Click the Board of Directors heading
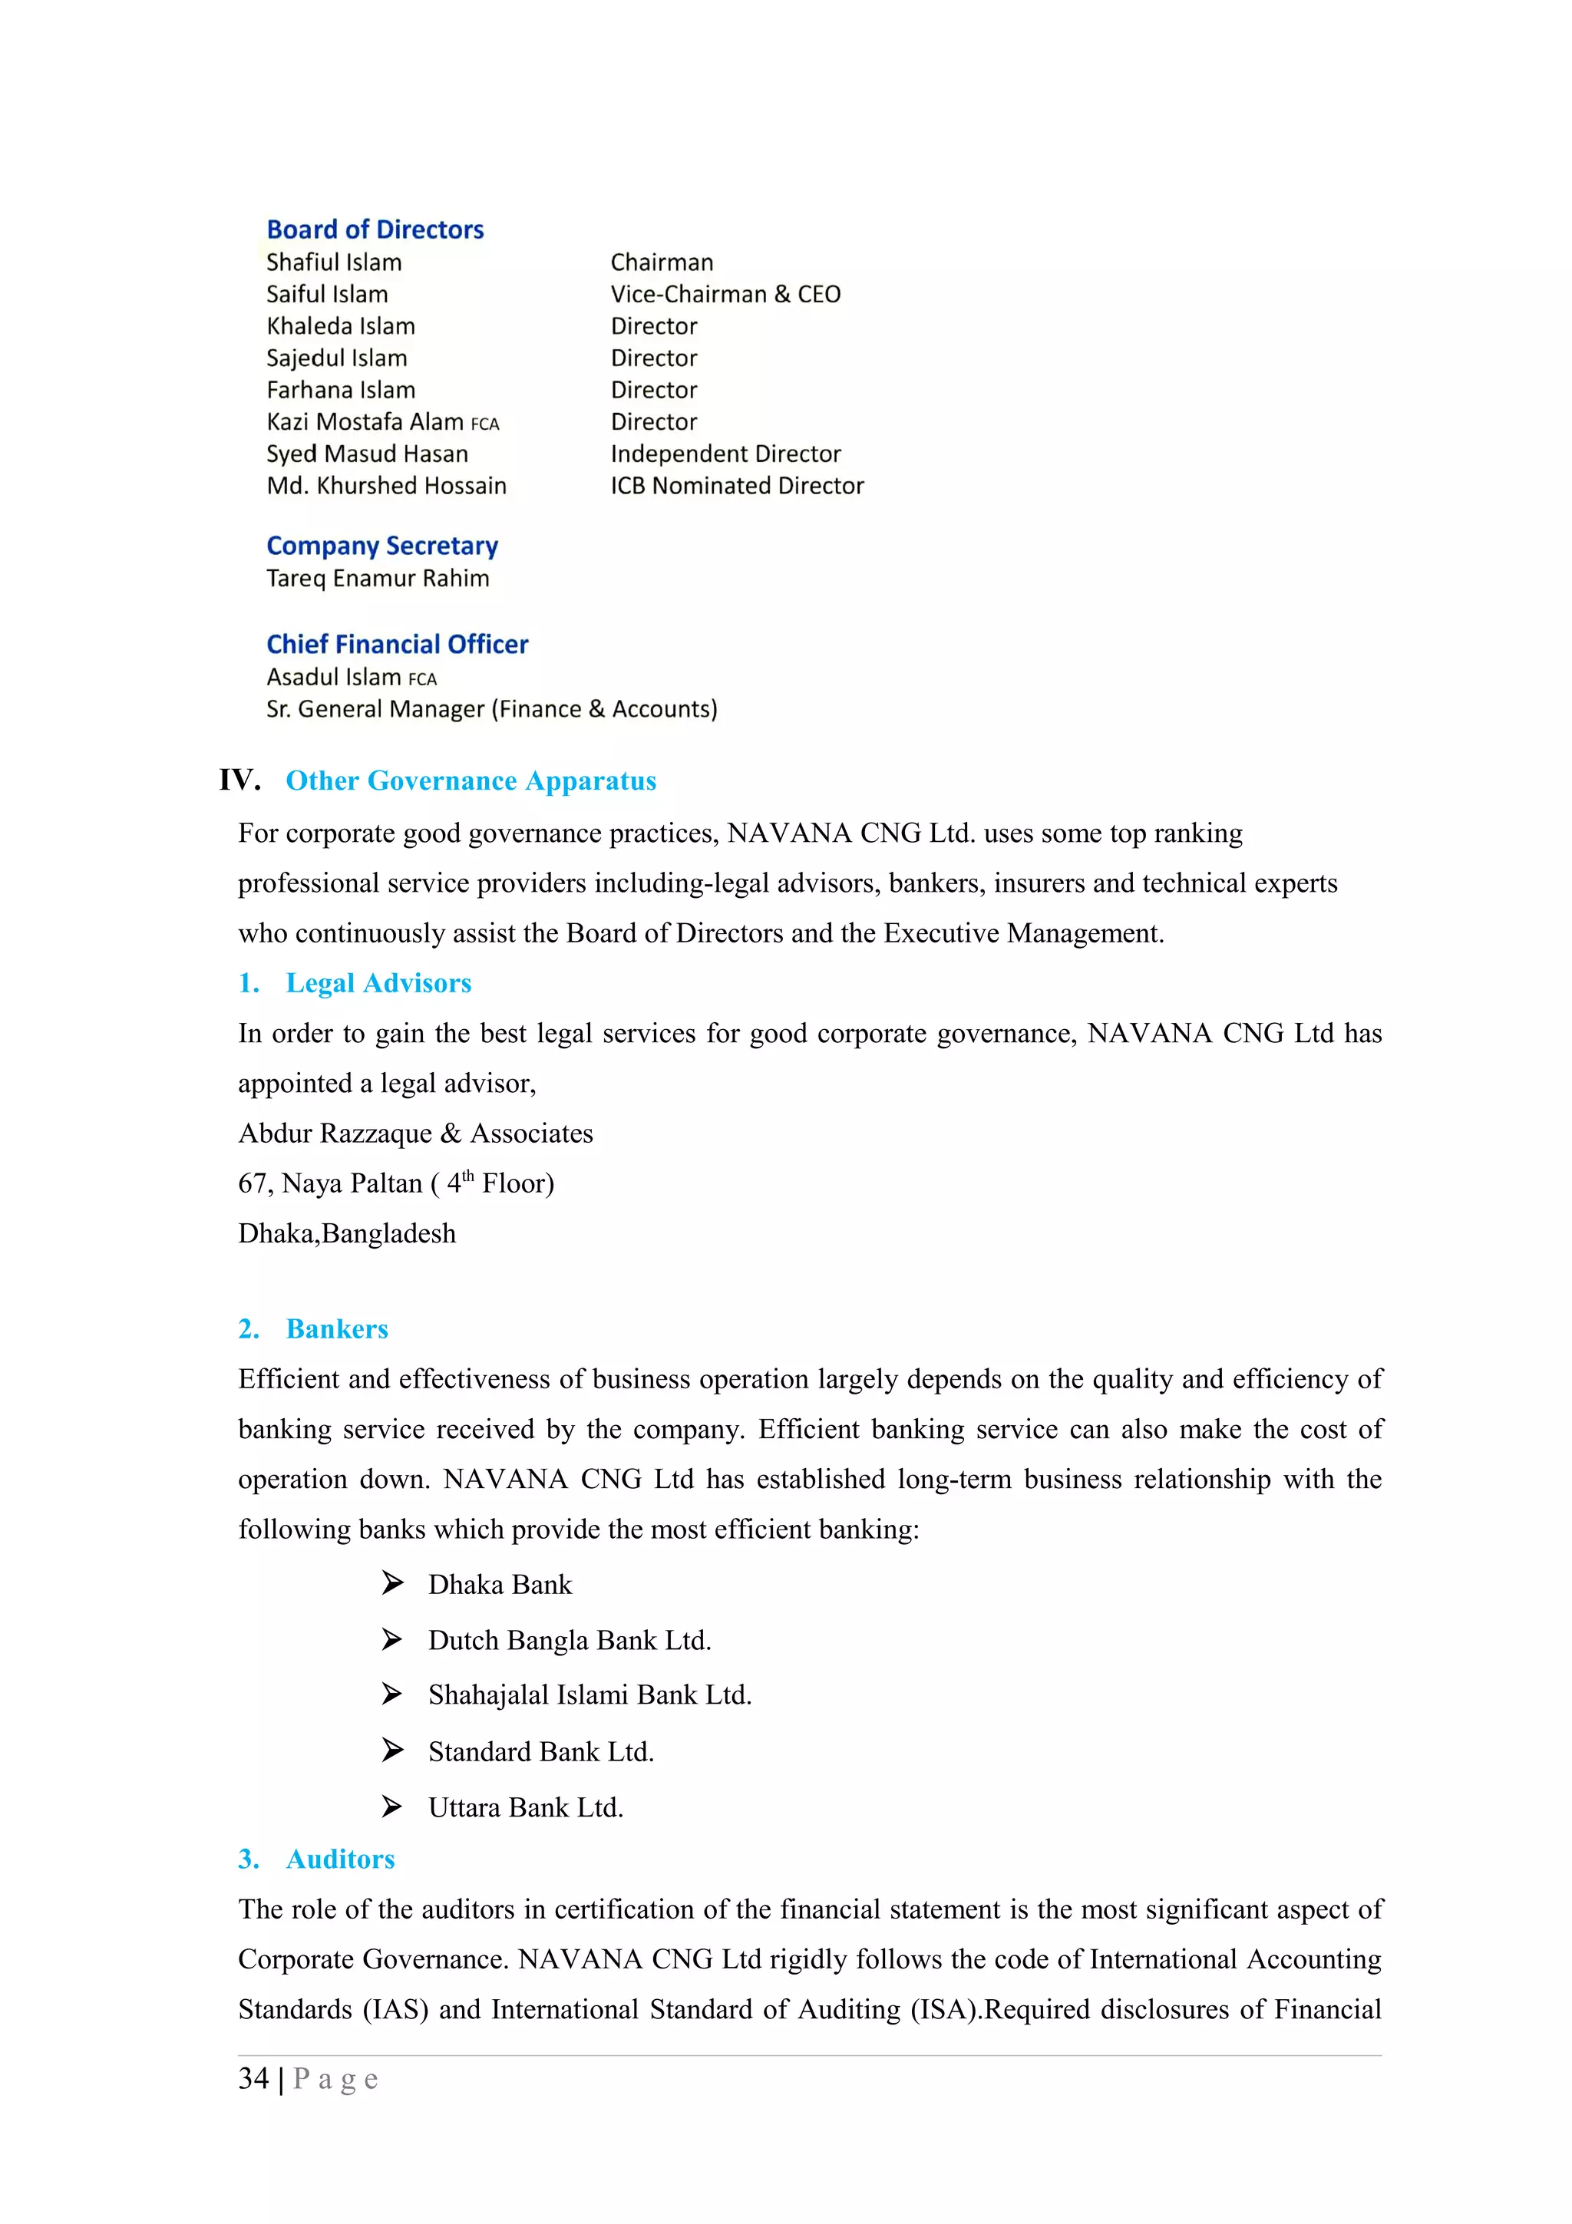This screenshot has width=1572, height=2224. coord(375,229)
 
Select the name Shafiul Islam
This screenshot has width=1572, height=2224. coord(334,262)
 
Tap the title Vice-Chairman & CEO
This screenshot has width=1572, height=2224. coord(725,295)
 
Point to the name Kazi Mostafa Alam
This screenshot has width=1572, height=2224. coord(365,422)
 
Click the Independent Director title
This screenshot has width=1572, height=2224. coord(725,454)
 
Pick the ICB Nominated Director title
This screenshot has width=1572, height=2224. coord(737,487)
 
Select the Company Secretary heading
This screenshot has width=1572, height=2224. coord(382,546)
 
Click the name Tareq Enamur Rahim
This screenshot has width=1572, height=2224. coord(378,579)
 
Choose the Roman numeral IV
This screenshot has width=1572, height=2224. coord(239,780)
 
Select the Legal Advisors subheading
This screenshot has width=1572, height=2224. coord(378,983)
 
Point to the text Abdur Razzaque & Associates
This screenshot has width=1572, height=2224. coord(415,1133)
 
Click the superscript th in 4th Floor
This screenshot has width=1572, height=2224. coord(467,1176)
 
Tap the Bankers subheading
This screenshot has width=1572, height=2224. coord(337,1329)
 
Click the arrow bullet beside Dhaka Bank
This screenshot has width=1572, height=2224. coord(392,1582)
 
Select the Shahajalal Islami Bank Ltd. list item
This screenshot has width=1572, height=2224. coord(589,1695)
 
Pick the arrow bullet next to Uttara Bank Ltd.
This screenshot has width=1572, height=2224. coord(392,1807)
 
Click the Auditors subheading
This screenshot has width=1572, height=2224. coord(341,1859)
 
